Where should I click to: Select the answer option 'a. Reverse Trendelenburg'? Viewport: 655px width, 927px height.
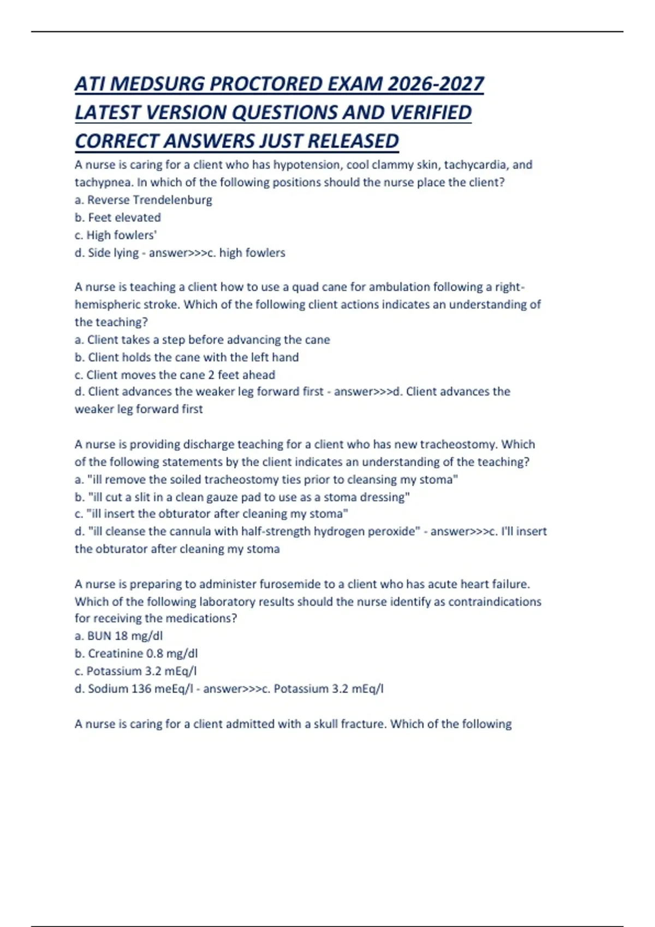[x=143, y=200]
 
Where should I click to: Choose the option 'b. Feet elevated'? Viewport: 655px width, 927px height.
[x=118, y=218]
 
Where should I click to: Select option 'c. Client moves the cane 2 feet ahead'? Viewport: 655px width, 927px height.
[x=175, y=375]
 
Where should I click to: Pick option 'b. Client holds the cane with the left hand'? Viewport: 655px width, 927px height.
[x=187, y=357]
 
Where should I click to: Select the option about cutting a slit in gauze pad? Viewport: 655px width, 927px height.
[x=242, y=497]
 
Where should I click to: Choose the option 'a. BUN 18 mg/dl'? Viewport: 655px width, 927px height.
[x=118, y=636]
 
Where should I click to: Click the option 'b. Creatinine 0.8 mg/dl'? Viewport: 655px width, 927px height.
[x=136, y=653]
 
